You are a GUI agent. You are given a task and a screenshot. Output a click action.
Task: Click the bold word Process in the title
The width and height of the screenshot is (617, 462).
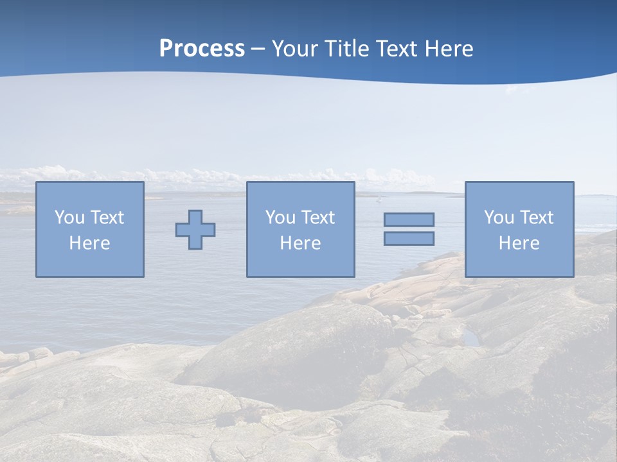[x=202, y=49]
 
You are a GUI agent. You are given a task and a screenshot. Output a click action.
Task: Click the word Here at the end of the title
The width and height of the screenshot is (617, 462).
[x=449, y=49]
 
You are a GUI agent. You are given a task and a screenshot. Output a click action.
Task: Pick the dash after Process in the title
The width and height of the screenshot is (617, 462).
[x=258, y=49]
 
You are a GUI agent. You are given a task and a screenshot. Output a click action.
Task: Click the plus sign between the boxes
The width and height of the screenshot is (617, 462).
[x=195, y=230]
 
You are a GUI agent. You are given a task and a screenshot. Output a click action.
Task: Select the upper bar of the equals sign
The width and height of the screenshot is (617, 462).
[x=409, y=219]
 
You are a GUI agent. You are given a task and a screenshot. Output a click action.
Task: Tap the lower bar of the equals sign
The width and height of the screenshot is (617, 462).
[x=409, y=239]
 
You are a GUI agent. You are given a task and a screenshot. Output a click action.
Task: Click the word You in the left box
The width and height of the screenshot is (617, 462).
[x=69, y=218]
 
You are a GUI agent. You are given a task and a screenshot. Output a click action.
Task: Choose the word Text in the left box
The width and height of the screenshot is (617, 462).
[x=106, y=218]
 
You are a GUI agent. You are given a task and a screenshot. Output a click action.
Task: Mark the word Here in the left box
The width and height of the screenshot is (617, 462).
[x=89, y=243]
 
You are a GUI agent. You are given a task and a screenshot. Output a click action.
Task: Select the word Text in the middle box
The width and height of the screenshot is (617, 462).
[x=317, y=218]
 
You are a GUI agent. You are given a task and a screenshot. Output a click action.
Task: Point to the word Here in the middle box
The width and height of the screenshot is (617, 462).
[x=300, y=243]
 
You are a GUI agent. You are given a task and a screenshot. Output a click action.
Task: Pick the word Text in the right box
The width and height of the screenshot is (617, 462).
[x=535, y=218]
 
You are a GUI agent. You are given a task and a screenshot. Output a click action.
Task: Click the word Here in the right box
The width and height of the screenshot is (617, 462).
[x=519, y=243]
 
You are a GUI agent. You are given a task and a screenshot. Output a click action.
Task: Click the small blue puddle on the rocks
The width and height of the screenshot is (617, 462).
[x=471, y=338]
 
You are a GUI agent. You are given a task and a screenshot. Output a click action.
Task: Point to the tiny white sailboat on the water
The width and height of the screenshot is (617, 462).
[x=379, y=198]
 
